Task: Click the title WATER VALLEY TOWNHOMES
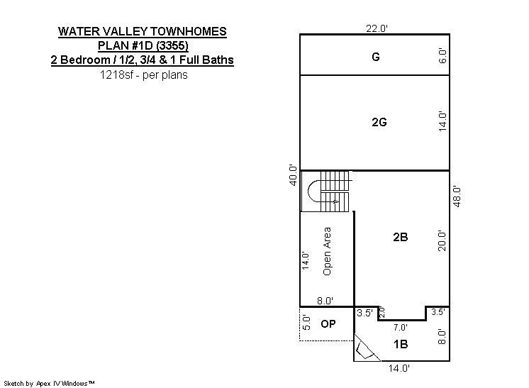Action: pos(143,31)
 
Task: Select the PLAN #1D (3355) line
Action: pos(143,45)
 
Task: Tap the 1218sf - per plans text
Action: pos(144,74)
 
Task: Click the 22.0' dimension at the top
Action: pos(377,28)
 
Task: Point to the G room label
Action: pos(376,57)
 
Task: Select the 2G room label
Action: pos(379,122)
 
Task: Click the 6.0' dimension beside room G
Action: pos(442,55)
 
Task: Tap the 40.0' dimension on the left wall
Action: pos(293,175)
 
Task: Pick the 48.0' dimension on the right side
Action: pos(457,196)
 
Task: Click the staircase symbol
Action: pos(329,192)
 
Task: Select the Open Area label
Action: pos(327,251)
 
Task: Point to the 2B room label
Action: pos(401,237)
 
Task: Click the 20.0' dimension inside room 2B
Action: pos(442,241)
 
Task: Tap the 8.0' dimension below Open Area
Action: pos(325,301)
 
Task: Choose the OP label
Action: pos(328,324)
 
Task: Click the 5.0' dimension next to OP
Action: pos(306,323)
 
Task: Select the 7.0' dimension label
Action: pos(401,327)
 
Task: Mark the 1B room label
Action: pos(401,344)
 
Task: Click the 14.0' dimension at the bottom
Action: pos(399,368)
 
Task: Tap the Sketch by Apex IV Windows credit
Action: pos(49,383)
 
